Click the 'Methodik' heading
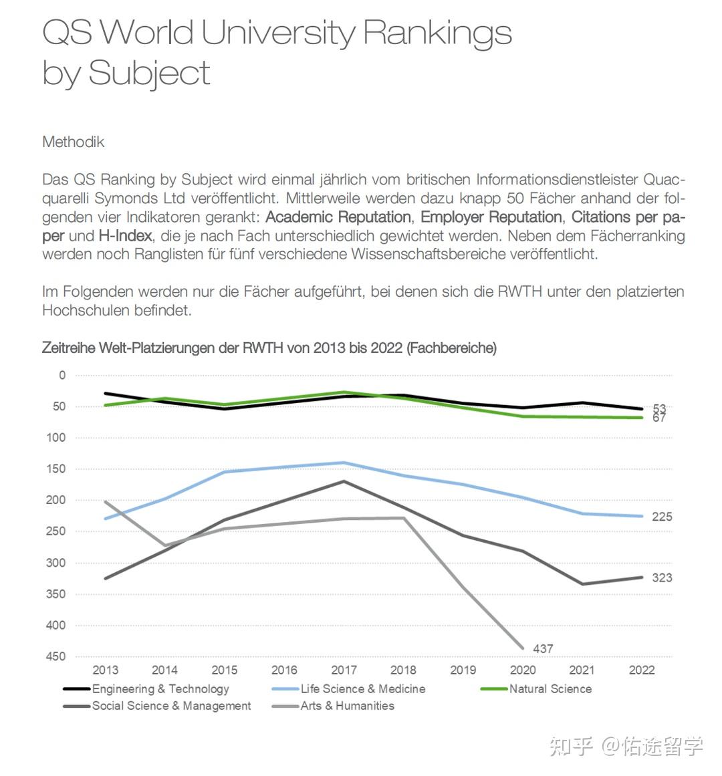point(73,142)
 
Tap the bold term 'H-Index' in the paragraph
point(126,235)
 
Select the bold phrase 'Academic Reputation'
point(338,217)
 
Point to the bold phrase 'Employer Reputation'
point(491,217)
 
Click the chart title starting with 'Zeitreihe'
point(269,348)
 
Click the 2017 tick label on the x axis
point(344,670)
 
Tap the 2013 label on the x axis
point(105,670)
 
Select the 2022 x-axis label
point(642,670)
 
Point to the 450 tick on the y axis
point(56,656)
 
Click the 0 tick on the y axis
point(62,375)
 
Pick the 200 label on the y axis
point(56,500)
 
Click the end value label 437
point(543,648)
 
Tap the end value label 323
point(662,577)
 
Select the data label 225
point(662,517)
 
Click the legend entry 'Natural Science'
point(550,688)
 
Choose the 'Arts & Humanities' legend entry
point(347,705)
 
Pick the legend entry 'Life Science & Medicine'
point(362,688)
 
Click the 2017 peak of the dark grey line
point(344,481)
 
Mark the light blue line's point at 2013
point(105,519)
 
